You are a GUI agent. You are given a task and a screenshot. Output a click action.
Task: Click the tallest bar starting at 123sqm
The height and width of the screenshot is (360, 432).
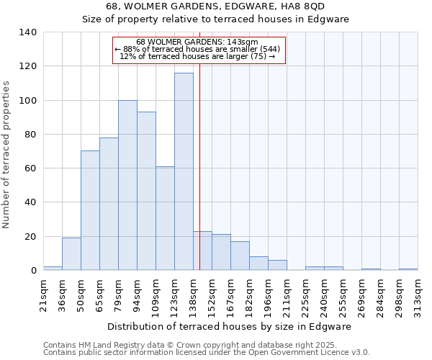pyautogui.click(x=184, y=171)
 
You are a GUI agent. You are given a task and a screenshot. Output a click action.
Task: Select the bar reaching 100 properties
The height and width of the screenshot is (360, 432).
pyautogui.click(x=127, y=185)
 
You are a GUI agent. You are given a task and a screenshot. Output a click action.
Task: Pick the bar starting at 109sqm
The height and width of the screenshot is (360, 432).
pyautogui.click(x=165, y=218)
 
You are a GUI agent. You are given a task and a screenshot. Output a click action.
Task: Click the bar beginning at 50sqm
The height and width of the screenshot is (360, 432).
pyautogui.click(x=90, y=210)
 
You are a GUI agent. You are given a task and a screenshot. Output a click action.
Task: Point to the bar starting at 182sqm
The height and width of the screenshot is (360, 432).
pyautogui.click(x=258, y=264)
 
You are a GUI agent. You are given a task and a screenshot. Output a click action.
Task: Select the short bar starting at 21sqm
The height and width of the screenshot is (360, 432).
pyautogui.click(x=53, y=268)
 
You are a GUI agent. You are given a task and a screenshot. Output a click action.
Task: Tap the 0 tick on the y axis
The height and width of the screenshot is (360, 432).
pyautogui.click(x=33, y=271)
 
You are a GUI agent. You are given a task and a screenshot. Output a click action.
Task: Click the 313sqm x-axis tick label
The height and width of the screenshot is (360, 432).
pyautogui.click(x=418, y=293)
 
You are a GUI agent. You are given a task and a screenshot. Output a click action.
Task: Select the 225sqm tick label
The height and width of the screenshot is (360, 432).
pyautogui.click(x=305, y=293)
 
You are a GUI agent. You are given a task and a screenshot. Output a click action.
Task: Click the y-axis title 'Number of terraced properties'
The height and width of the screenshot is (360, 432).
pyautogui.click(x=8, y=154)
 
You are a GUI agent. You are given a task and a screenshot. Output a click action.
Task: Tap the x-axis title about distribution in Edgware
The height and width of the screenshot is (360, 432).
pyautogui.click(x=234, y=327)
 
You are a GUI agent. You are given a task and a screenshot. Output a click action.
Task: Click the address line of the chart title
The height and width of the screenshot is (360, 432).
pyautogui.click(x=215, y=6)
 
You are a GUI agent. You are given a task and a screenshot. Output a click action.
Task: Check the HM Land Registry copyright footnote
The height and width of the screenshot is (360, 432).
pyautogui.click(x=206, y=345)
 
